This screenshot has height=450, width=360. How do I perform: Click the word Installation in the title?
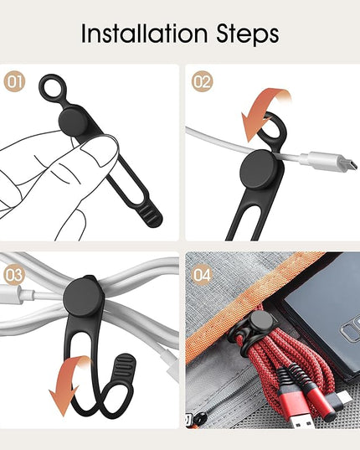click(x=144, y=33)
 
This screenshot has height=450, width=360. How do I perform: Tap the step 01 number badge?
click(x=14, y=81)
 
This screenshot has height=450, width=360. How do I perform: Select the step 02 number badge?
click(x=203, y=81)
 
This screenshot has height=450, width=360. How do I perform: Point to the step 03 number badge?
click(x=14, y=275)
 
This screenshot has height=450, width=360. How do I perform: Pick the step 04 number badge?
click(x=202, y=275)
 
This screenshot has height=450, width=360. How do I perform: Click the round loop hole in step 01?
click(x=52, y=89)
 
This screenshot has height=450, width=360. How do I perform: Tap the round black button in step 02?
click(x=259, y=169)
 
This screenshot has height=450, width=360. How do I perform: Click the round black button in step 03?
click(x=83, y=297)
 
